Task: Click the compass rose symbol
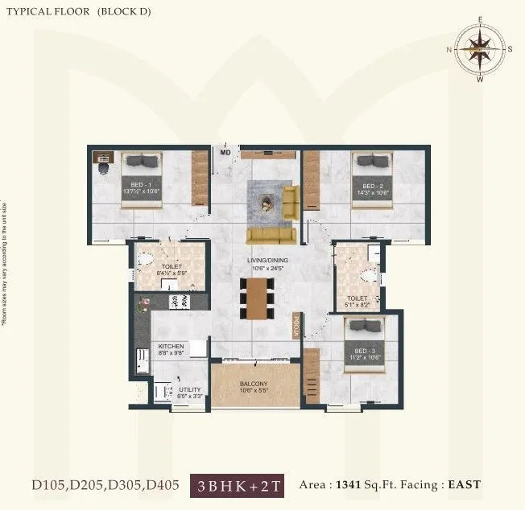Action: [480, 49]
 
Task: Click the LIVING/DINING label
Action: [269, 261]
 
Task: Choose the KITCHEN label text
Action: [171, 347]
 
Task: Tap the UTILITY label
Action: [190, 389]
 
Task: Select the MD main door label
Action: [225, 151]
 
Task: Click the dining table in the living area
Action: [256, 297]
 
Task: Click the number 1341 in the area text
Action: [349, 484]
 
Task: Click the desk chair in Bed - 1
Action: [102, 170]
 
